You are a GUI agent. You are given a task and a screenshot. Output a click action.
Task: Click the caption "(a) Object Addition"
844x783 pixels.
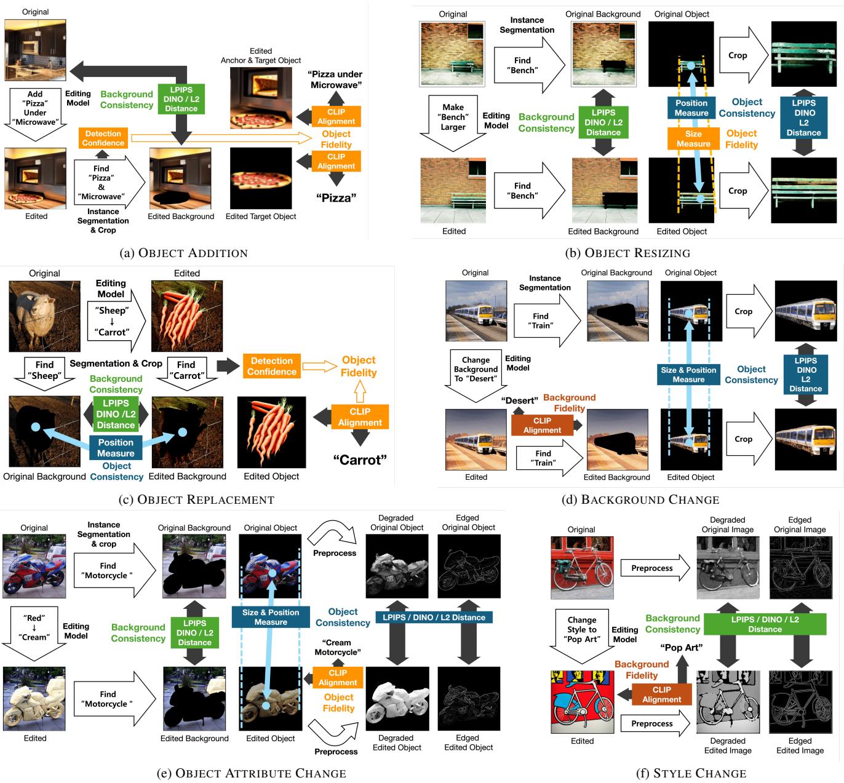(185, 253)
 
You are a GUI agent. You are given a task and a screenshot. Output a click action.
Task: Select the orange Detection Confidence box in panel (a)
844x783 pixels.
(103, 138)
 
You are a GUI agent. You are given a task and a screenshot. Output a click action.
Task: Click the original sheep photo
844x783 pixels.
(44, 316)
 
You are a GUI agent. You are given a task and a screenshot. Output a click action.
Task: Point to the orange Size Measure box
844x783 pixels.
(693, 139)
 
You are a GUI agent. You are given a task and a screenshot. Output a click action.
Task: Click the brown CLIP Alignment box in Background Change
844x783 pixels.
(542, 426)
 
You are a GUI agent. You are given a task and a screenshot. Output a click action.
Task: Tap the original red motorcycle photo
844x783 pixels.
(34, 566)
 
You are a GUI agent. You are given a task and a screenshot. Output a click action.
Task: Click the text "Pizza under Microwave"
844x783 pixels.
(336, 79)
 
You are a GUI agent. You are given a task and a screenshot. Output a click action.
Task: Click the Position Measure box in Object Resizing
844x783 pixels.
(691, 108)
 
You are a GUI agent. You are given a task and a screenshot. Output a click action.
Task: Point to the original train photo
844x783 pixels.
(476, 311)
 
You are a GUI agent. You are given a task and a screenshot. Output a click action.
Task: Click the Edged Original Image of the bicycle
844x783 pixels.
(800, 568)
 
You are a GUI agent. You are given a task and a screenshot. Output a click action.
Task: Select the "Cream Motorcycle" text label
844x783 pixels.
(338, 647)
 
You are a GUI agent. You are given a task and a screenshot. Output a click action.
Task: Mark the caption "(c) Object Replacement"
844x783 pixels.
(197, 499)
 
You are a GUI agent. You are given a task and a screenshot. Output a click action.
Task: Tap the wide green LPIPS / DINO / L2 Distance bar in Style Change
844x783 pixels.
(765, 624)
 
